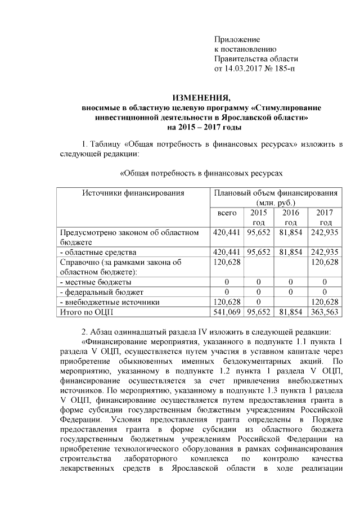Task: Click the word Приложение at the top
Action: (x=237, y=39)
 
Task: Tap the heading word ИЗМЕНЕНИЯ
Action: (x=201, y=97)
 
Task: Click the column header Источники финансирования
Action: (x=133, y=193)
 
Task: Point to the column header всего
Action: (x=226, y=213)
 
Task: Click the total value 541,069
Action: (x=226, y=312)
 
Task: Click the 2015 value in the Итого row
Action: (x=258, y=312)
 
